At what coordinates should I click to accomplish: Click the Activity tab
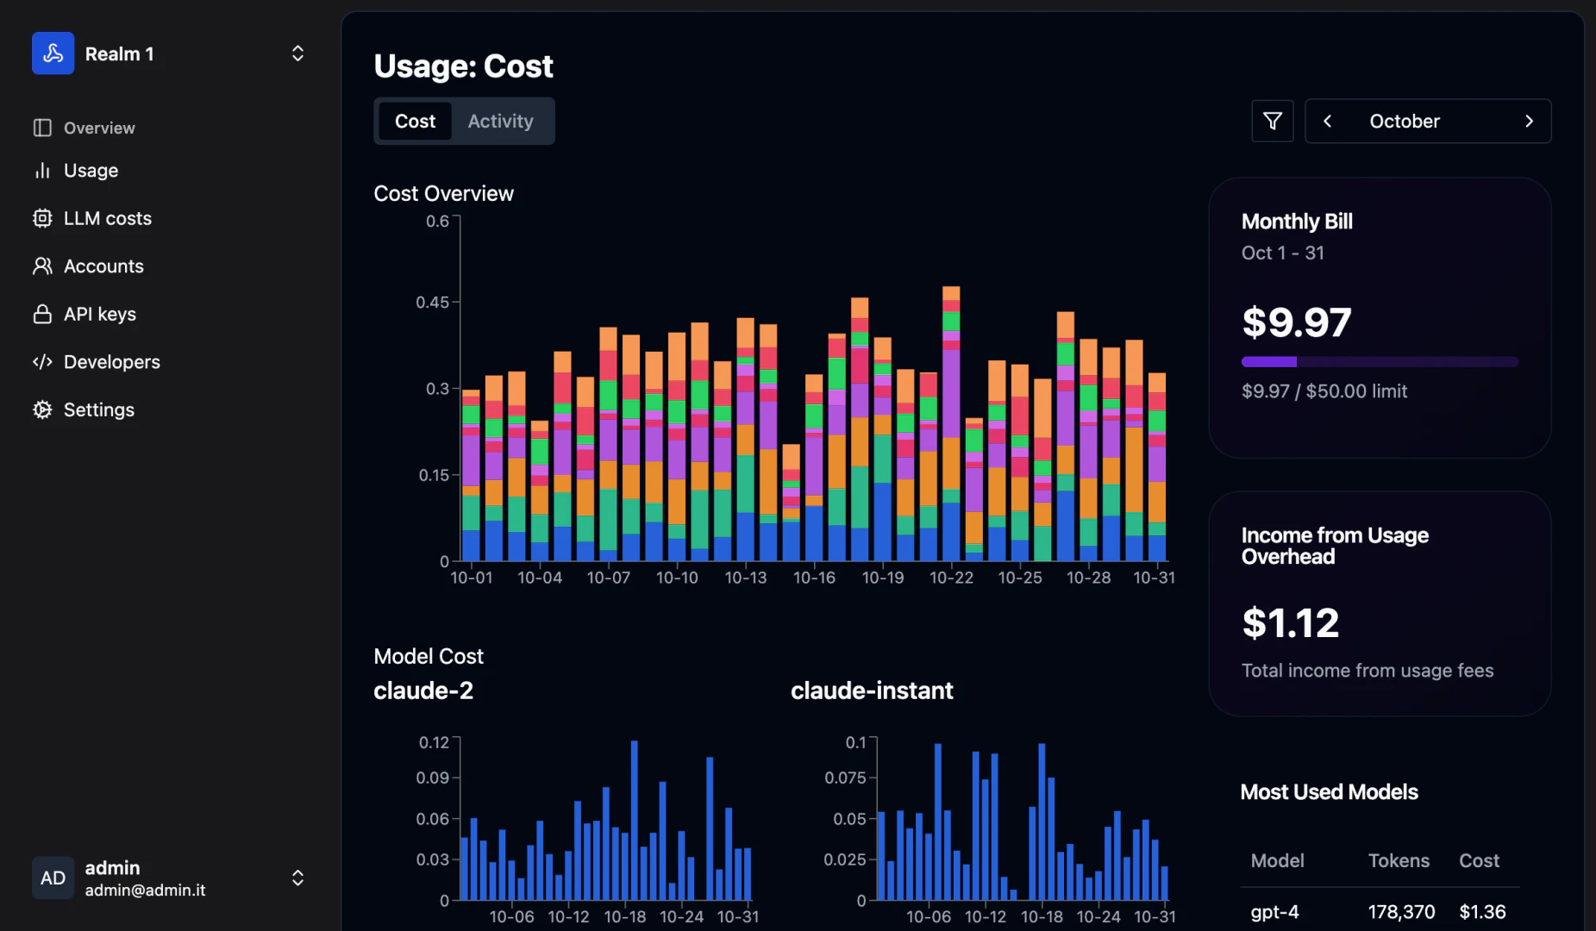click(500, 122)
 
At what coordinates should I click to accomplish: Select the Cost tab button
click(415, 122)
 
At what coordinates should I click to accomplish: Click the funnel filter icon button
click(1272, 122)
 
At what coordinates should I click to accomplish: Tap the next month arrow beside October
click(1529, 122)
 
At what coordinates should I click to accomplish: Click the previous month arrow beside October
click(1328, 122)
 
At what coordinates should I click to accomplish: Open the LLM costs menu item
click(107, 219)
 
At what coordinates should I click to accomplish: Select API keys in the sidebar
click(99, 315)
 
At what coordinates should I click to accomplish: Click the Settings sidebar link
click(98, 410)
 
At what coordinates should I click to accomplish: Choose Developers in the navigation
click(111, 362)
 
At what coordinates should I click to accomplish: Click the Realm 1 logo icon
click(53, 53)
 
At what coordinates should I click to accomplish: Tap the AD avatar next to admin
click(53, 878)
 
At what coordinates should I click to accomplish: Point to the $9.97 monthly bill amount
click(1296, 323)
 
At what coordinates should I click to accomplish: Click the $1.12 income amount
click(1290, 623)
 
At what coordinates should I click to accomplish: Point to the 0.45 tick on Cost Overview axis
click(432, 303)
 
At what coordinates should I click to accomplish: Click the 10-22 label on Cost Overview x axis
click(951, 578)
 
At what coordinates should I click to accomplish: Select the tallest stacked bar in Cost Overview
click(951, 422)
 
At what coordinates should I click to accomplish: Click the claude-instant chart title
click(871, 690)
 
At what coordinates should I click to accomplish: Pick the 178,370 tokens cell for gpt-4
click(1401, 912)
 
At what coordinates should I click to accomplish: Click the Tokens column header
click(1399, 861)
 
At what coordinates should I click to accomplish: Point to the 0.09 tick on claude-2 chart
click(433, 778)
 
